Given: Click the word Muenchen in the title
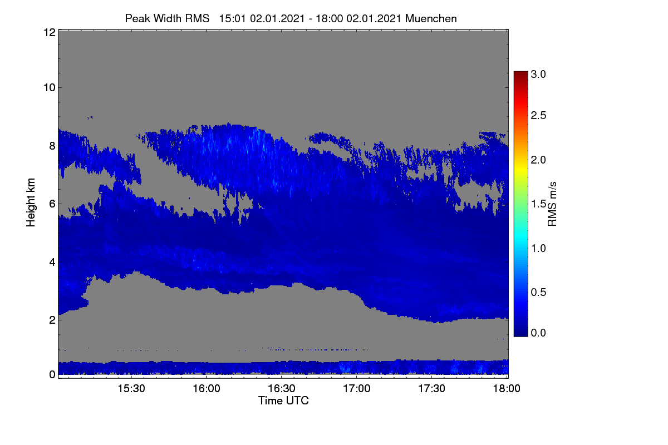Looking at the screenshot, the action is [x=431, y=19].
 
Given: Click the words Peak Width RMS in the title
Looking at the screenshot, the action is [x=167, y=18].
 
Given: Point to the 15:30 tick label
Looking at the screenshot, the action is [x=131, y=389].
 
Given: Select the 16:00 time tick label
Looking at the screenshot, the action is [x=207, y=389].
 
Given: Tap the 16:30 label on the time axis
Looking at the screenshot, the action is [x=282, y=389].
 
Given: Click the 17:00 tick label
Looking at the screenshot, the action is [x=357, y=389].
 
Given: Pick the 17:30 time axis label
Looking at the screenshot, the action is [x=431, y=389].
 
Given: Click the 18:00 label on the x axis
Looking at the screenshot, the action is [x=507, y=389].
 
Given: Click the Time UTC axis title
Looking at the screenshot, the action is [x=283, y=401].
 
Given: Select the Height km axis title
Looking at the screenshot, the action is [x=31, y=202].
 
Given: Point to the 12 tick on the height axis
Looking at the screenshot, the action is [x=50, y=32].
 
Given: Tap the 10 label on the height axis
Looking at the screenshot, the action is [x=50, y=88].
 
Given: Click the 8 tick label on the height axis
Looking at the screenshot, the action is [x=52, y=146].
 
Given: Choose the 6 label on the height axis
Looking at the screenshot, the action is [x=52, y=204].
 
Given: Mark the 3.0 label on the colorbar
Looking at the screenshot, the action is [x=538, y=74].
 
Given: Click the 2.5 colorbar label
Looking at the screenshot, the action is [x=538, y=115].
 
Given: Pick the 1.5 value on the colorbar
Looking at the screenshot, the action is [x=538, y=204].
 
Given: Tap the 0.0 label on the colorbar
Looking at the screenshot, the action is [x=538, y=333].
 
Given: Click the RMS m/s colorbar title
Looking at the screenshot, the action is [x=552, y=204].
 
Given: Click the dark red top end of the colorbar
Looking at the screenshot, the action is [x=520, y=72].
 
